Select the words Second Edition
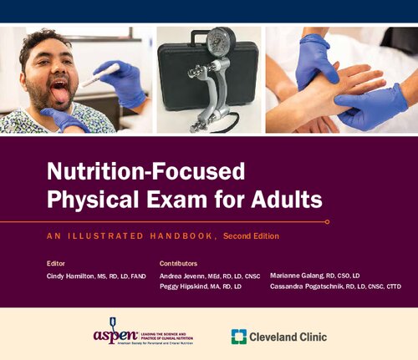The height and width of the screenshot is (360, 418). tap(251, 237)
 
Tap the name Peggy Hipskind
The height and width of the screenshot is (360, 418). tap(186, 287)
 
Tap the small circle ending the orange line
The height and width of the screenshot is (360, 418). tap(327, 221)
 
